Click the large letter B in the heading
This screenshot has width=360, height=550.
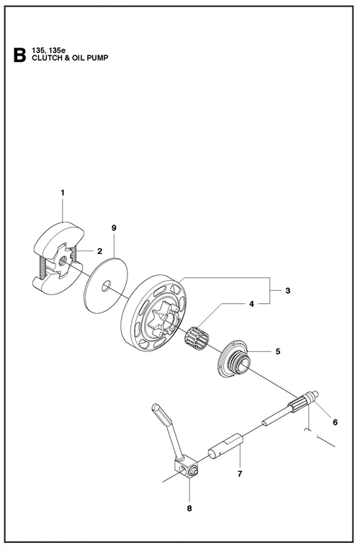point(19,54)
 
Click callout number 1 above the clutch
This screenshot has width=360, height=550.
point(63,192)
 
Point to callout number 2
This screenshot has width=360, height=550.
point(99,251)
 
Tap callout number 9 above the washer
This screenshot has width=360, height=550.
point(114,228)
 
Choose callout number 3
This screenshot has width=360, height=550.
point(288,290)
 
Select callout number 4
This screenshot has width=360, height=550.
point(251,304)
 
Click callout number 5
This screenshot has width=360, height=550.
point(278,351)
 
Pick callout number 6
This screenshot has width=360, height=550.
point(335,423)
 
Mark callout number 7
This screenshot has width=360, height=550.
point(240,474)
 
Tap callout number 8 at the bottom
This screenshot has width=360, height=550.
point(189,508)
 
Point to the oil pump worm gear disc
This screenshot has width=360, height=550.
point(233,359)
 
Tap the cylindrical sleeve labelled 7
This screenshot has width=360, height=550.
point(226,446)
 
